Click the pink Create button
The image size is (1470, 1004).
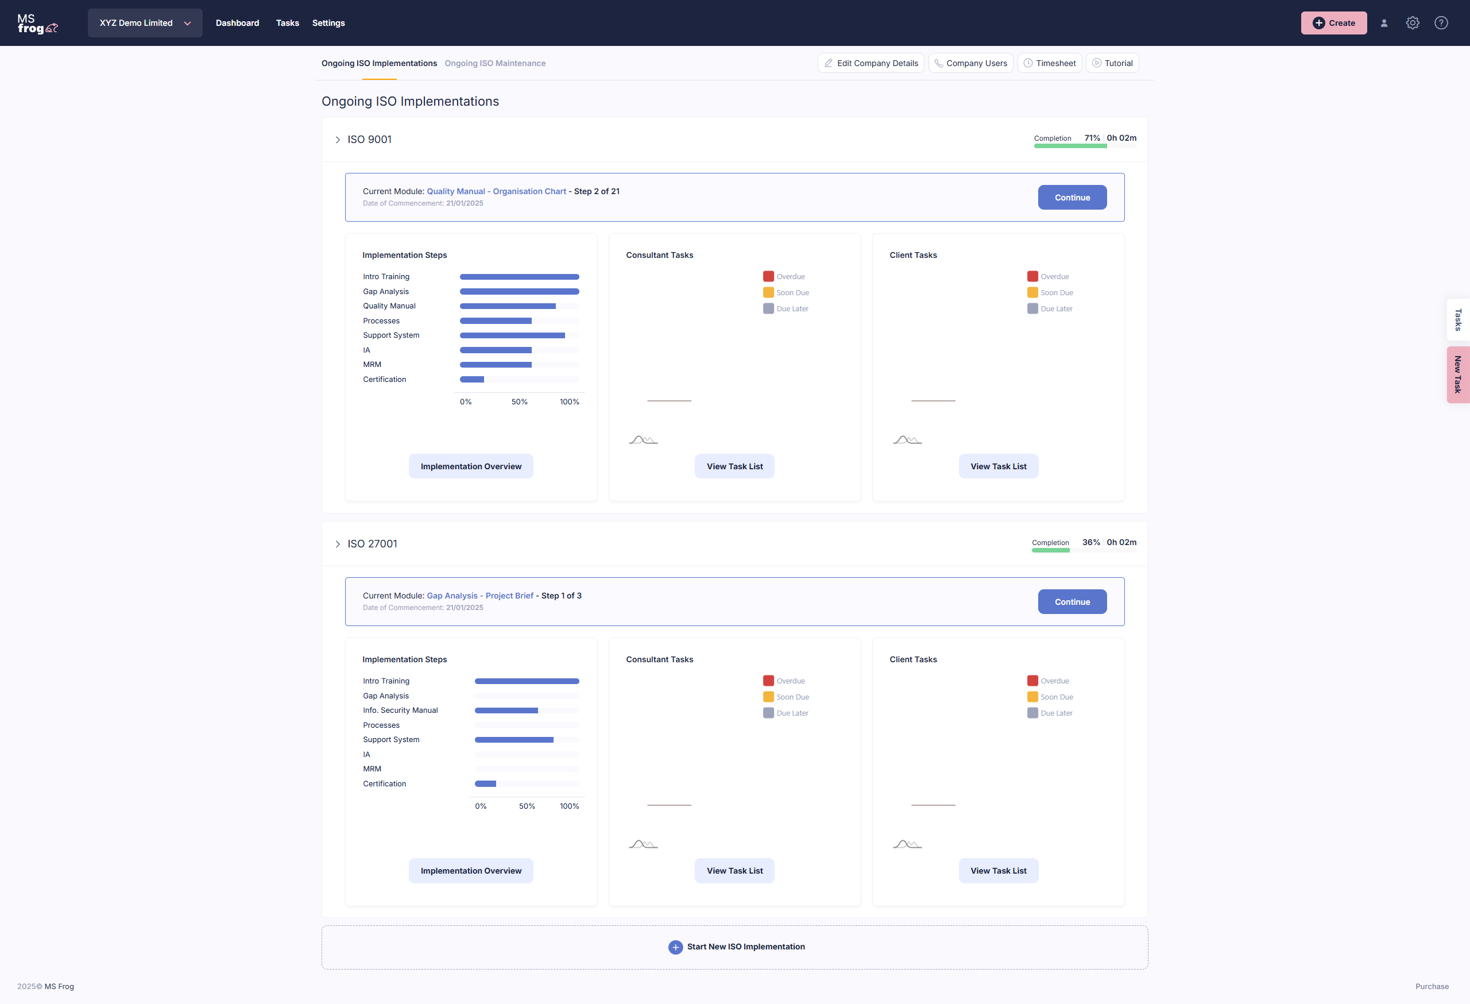[x=1333, y=23]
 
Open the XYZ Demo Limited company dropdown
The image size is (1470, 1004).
[x=145, y=23]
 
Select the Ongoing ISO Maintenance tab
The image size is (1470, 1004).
[x=494, y=63]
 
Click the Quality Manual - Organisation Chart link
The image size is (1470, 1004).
[x=496, y=191]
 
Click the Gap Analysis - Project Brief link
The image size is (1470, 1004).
[x=479, y=595]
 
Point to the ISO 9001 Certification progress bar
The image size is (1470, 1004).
[x=519, y=380]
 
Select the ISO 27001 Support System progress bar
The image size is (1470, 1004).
[x=526, y=740]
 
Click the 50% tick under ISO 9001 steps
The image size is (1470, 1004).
[x=519, y=401]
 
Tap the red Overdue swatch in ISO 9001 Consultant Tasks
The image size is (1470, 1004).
[x=768, y=276]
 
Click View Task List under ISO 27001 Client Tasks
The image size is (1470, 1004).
[x=998, y=871]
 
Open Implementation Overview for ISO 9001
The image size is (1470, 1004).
[x=471, y=466]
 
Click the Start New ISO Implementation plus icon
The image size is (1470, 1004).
[x=675, y=947]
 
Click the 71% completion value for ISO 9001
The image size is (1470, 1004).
[x=1092, y=138]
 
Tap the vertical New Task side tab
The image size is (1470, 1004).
[x=1457, y=374]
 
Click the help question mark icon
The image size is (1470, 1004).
[x=1441, y=23]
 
